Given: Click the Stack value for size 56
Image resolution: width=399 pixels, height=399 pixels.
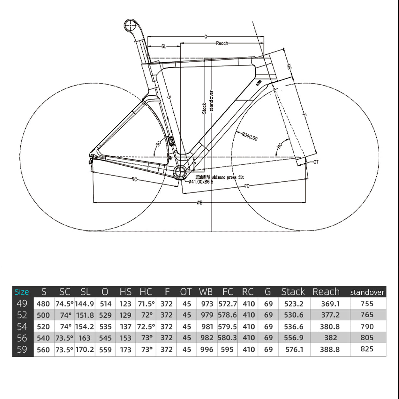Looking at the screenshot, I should click(294, 338).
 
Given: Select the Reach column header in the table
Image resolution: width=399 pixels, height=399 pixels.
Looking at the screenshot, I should click(326, 292).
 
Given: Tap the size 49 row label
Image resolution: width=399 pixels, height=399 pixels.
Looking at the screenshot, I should click(22, 304).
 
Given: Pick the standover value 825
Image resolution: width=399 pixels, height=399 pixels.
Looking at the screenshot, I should click(367, 349).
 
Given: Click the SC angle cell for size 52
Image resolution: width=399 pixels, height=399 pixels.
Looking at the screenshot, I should click(65, 315).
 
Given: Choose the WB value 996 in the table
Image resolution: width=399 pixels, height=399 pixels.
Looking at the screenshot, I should click(207, 350).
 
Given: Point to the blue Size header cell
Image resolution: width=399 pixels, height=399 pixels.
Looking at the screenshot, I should click(22, 292).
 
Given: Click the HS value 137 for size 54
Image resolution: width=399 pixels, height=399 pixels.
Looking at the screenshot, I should click(125, 327).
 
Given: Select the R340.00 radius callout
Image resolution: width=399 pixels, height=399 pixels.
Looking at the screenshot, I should click(249, 136).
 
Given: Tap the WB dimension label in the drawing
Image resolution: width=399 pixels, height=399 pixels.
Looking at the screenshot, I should click(199, 203).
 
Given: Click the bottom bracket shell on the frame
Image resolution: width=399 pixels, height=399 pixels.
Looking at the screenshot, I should click(180, 173).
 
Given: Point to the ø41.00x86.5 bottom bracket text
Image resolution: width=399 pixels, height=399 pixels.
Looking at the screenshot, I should click(201, 182).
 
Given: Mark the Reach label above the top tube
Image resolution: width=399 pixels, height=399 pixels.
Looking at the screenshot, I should click(222, 43).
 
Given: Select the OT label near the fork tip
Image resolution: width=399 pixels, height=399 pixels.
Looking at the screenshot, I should click(316, 162).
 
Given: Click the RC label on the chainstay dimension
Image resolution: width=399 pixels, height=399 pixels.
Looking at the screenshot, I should click(134, 179).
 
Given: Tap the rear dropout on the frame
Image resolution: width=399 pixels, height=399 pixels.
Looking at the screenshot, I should click(93, 157).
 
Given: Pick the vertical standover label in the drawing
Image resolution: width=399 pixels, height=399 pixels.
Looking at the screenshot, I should click(211, 101).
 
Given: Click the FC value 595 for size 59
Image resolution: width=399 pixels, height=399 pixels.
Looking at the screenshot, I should click(227, 350).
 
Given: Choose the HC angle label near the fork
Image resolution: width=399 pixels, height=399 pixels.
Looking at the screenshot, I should click(280, 146).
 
